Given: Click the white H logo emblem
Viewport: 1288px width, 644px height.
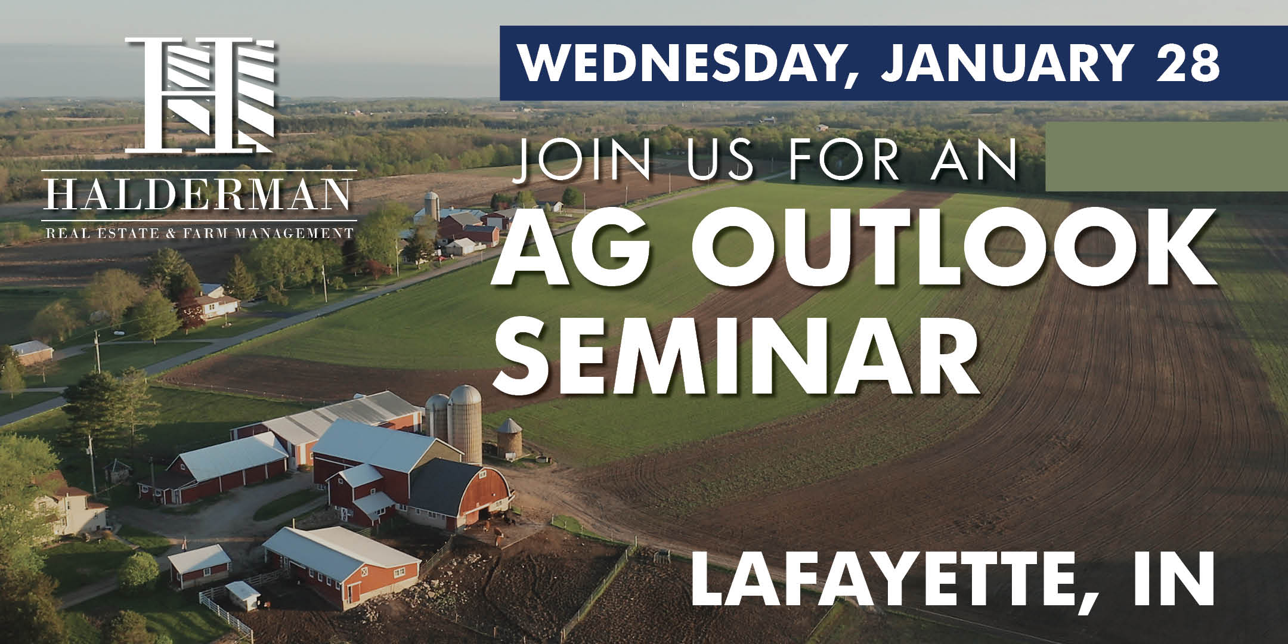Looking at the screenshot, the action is [x=200, y=94].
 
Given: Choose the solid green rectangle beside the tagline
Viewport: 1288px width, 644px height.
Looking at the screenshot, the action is [x=1166, y=156].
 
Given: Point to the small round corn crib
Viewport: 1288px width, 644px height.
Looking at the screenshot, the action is [x=510, y=438].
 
